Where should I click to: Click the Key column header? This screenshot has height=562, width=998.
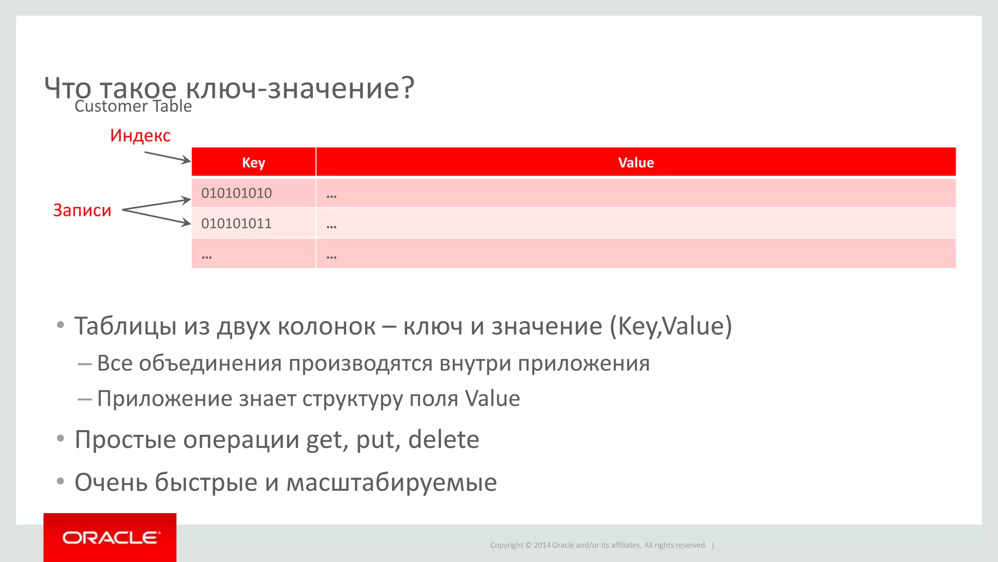point(253,162)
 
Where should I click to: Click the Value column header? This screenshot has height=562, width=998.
point(636,162)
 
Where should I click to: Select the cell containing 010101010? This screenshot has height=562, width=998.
point(237,193)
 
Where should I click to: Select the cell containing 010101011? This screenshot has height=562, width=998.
point(237,223)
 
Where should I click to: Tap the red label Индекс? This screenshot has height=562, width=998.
point(140,136)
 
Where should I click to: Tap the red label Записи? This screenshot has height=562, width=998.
point(82,210)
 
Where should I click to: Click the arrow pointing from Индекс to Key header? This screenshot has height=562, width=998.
point(167,157)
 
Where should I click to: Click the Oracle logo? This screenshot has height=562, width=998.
point(111,538)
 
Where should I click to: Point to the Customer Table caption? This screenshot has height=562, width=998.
point(133,106)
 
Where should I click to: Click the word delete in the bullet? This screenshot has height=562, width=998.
point(443,440)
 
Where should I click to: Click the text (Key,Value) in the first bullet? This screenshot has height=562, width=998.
point(671,326)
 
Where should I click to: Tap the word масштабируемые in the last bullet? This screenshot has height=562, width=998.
point(391,482)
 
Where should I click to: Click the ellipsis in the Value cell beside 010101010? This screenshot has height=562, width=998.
point(331,196)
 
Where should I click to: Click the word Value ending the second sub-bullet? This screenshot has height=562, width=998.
point(492,399)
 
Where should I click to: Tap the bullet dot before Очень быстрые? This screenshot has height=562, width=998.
point(60,482)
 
